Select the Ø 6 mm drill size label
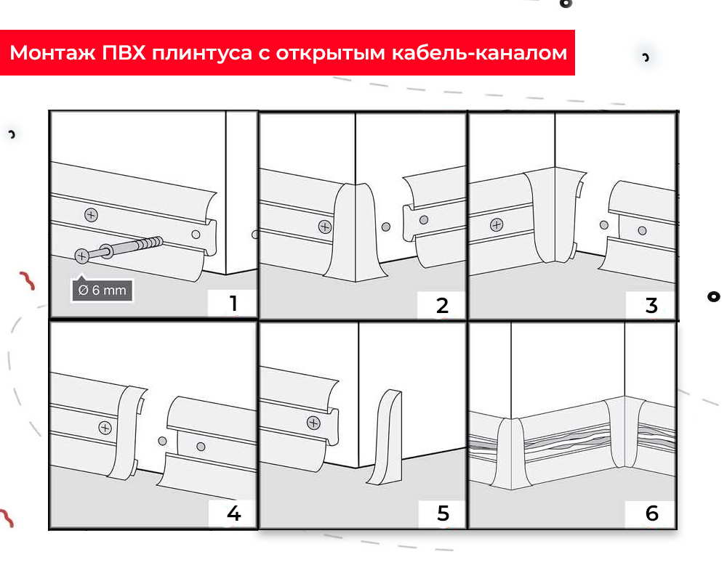tap(102, 290)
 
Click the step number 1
tap(233, 304)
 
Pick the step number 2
tap(442, 305)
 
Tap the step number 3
tap(651, 305)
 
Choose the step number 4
tap(233, 513)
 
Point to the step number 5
tap(442, 513)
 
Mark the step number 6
tap(651, 513)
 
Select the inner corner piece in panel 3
tap(554, 215)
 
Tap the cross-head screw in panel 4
tap(105, 427)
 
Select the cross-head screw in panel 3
tap(497, 224)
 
